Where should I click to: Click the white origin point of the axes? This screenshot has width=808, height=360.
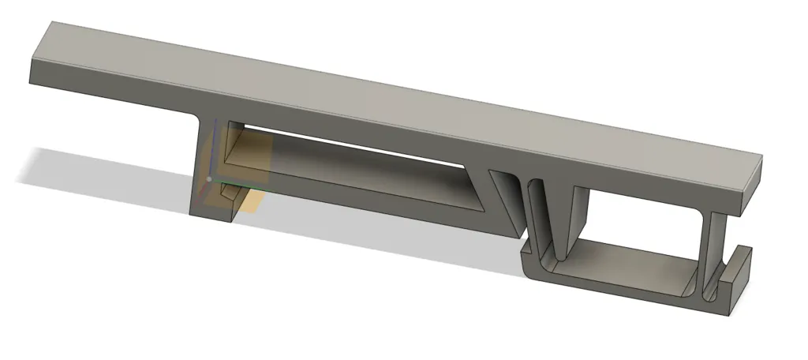click(208, 179)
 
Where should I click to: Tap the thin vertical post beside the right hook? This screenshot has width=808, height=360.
click(714, 253)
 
